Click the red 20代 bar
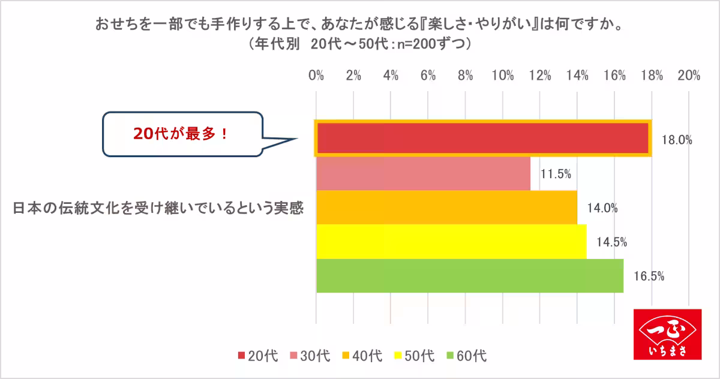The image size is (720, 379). point(483,139)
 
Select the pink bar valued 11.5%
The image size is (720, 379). point(423,174)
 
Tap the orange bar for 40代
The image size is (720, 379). point(446,207)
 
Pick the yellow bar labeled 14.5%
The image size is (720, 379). point(451,242)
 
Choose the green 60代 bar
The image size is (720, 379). point(470,276)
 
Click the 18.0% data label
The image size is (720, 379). point(677,140)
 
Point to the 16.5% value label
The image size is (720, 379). point(648,276)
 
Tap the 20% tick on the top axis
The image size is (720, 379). point(688,76)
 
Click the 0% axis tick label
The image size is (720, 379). point(316,76)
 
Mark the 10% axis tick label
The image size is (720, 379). point(502,76)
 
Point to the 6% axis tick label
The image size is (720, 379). point(428,76)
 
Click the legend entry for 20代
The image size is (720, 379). point(258,356)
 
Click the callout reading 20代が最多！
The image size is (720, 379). point(182,134)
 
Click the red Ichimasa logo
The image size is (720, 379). point(667,335)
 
